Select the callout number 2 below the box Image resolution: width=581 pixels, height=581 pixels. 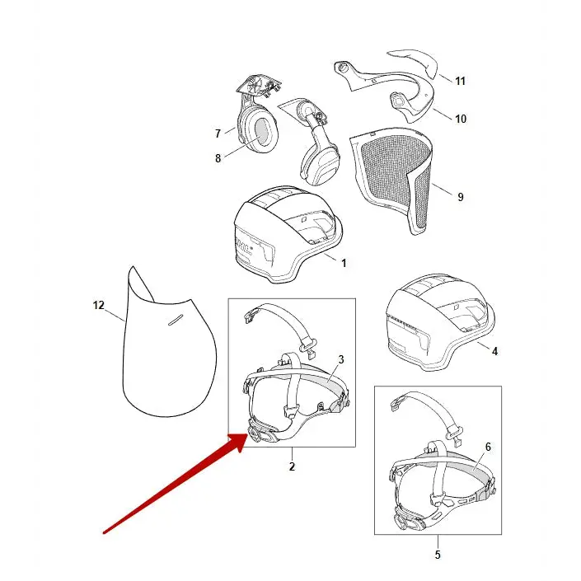click(292, 466)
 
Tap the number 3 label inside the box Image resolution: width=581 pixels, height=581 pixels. click(340, 359)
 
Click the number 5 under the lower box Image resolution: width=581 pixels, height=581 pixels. click(438, 555)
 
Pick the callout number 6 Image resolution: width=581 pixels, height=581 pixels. click(488, 447)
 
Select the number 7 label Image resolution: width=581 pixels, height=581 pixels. click(218, 134)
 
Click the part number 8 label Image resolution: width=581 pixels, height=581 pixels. click(218, 158)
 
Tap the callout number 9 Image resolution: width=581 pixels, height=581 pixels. click(460, 197)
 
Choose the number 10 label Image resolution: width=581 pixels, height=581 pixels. click(460, 119)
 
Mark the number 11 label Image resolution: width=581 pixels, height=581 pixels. click(460, 81)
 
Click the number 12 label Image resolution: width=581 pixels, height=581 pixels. click(99, 305)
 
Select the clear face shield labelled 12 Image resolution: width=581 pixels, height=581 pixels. click(165, 354)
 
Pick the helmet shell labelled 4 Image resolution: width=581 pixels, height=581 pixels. click(437, 321)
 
